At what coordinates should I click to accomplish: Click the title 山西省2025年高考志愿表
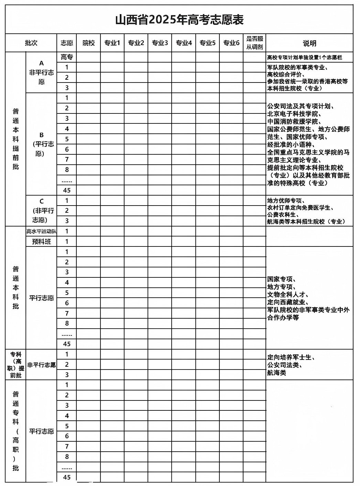pyautogui.click(x=179, y=20)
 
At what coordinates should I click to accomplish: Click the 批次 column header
pyautogui.click(x=31, y=43)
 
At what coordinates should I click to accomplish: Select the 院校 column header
pyautogui.click(x=88, y=43)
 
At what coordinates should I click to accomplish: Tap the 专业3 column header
pyautogui.click(x=160, y=43)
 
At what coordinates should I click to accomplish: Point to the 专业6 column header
pyautogui.click(x=231, y=43)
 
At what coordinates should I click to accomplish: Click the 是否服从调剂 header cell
pyautogui.click(x=254, y=43)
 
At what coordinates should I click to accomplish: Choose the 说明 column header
pyautogui.click(x=309, y=43)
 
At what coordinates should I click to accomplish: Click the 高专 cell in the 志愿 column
pyautogui.click(x=67, y=57)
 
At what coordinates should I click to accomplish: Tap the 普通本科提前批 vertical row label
pyautogui.click(x=16, y=139)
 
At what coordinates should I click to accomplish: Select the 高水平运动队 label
pyautogui.click(x=41, y=231)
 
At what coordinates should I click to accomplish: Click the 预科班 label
pyautogui.click(x=41, y=242)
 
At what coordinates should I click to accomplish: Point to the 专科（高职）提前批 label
pyautogui.click(x=16, y=365)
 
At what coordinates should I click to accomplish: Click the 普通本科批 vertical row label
pyautogui.click(x=16, y=287)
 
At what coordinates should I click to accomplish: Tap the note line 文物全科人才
pyautogui.click(x=287, y=295)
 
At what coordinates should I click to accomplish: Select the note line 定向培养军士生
pyautogui.click(x=291, y=357)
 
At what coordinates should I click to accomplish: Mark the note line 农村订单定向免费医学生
pyautogui.click(x=300, y=208)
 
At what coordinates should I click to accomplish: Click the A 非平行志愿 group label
pyautogui.click(x=41, y=73)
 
